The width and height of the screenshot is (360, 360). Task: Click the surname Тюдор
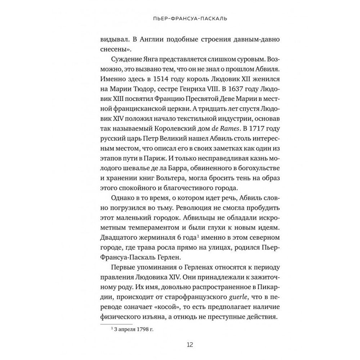(x=139, y=88)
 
